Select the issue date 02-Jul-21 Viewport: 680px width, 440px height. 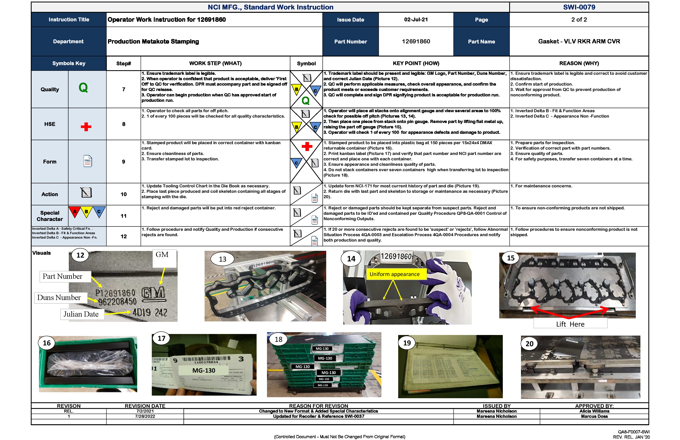tap(416, 19)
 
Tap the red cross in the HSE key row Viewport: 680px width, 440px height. tap(86, 127)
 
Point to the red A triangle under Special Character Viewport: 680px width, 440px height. tap(75, 212)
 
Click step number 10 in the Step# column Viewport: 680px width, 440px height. tap(123, 194)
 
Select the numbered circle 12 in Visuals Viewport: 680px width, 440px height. tap(80, 255)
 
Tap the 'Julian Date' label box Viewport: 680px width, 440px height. tap(81, 314)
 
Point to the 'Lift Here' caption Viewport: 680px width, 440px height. tap(570, 324)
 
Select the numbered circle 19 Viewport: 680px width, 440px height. tap(407, 343)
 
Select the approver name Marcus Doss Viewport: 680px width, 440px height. tap(594, 416)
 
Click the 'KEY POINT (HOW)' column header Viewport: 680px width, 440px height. tap(416, 63)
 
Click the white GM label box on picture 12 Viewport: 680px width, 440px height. tap(162, 255)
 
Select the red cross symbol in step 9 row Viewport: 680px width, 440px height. tap(307, 147)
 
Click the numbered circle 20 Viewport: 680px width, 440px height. tap(529, 344)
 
